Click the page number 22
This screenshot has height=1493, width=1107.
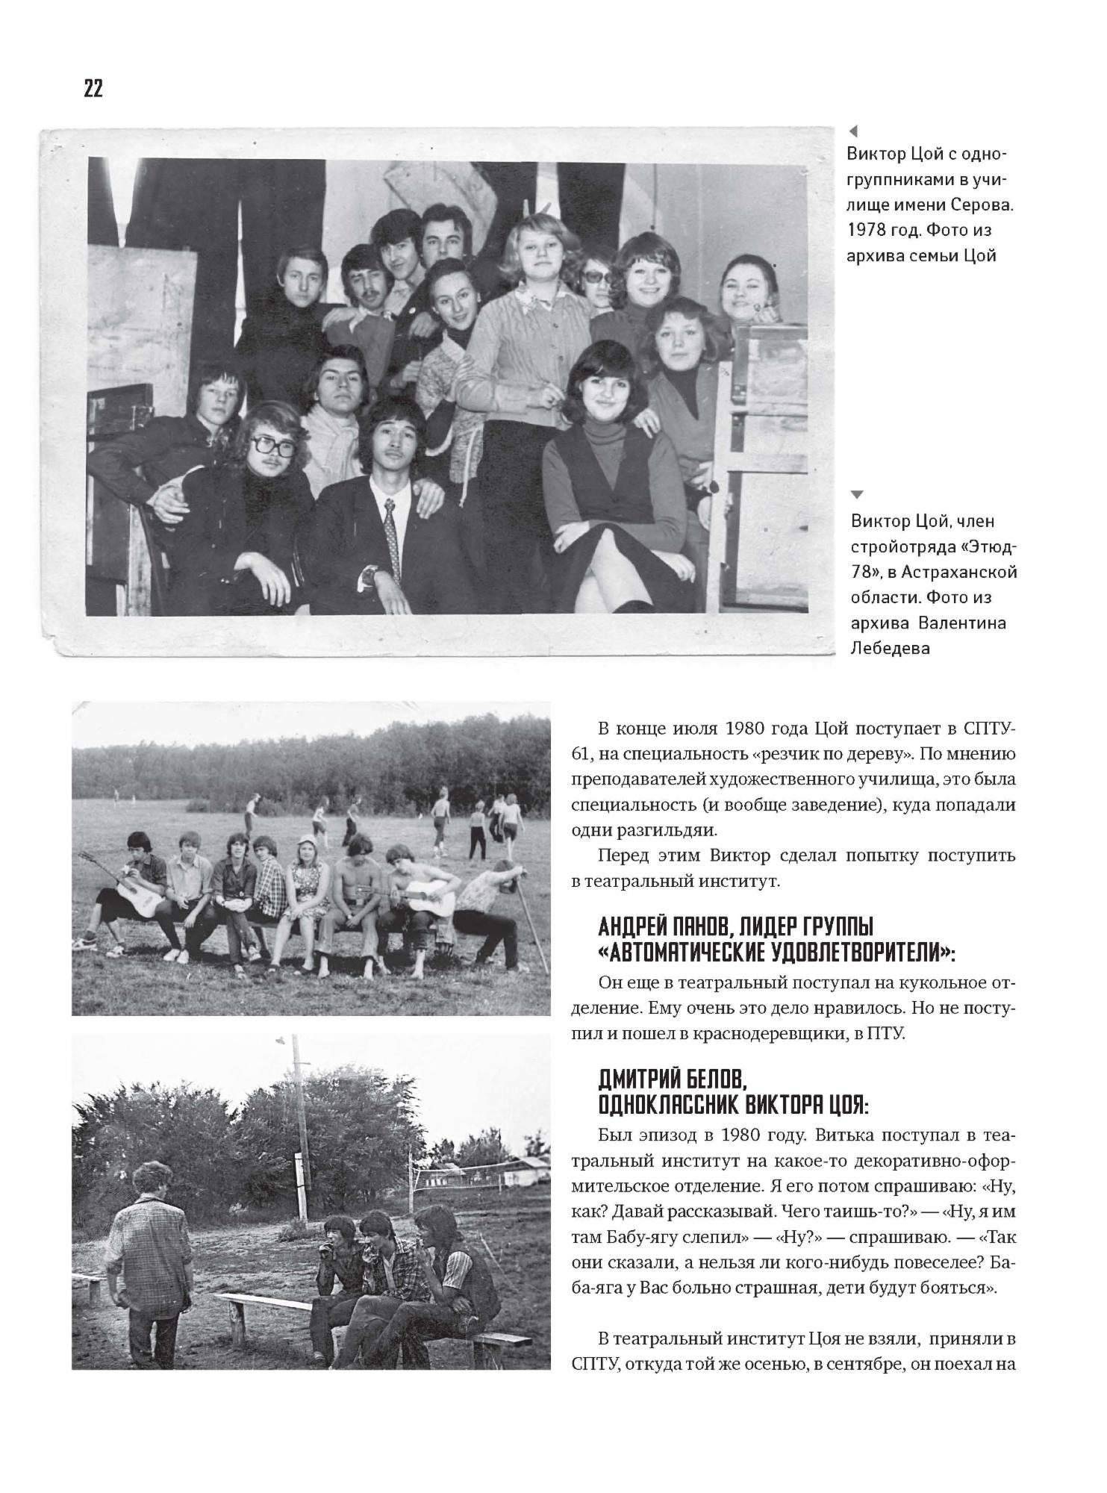(93, 89)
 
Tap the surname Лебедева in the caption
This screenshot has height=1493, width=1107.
(890, 648)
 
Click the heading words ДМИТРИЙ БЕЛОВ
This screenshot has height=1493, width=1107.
(672, 1079)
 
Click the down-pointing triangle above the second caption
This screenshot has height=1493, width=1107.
(857, 494)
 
